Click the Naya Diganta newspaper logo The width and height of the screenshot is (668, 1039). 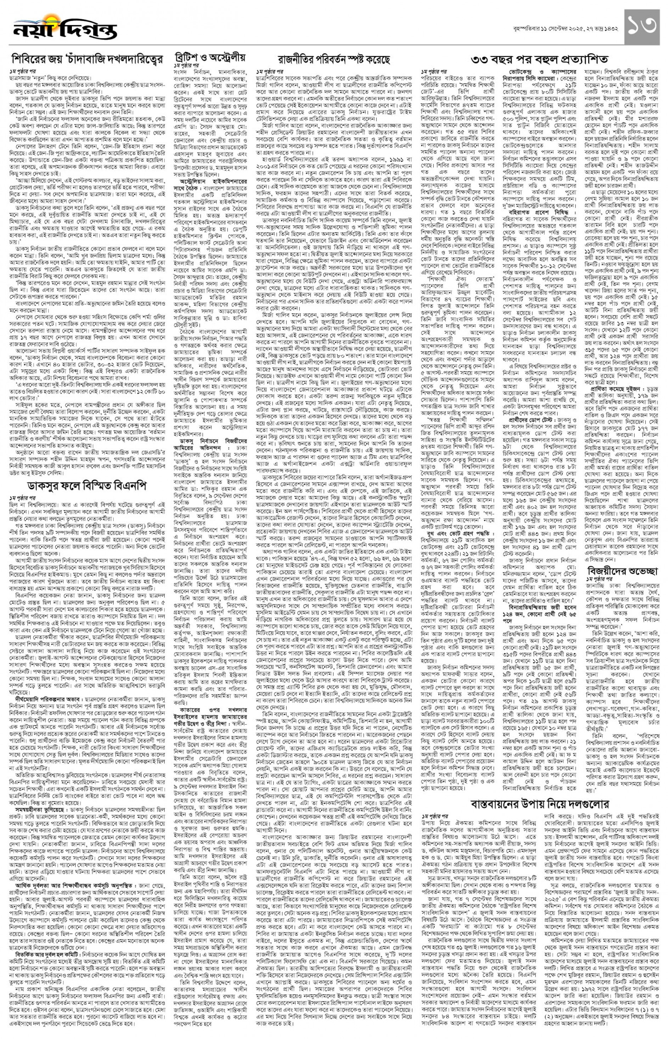click(65, 29)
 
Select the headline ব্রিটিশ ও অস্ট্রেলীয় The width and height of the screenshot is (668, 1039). click(210, 58)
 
